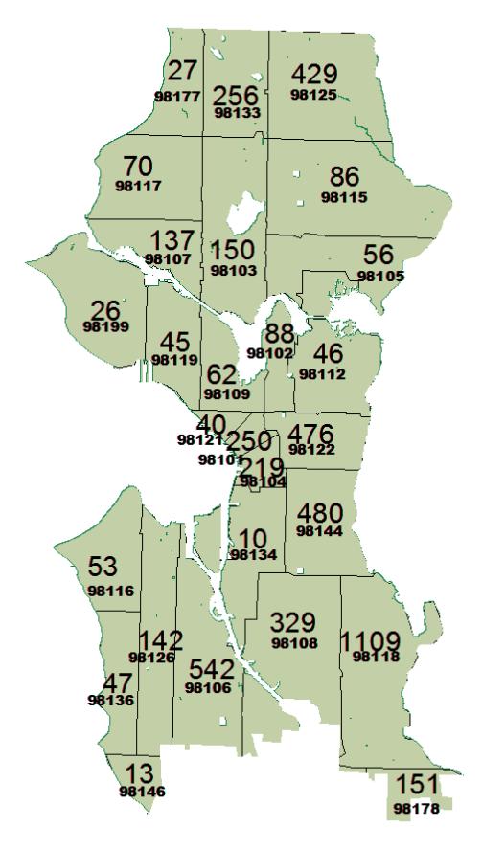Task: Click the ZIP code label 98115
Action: [342, 198]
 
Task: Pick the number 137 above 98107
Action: [172, 240]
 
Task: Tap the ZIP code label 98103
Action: [232, 271]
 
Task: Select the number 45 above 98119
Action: [174, 342]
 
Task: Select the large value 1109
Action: [376, 638]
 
